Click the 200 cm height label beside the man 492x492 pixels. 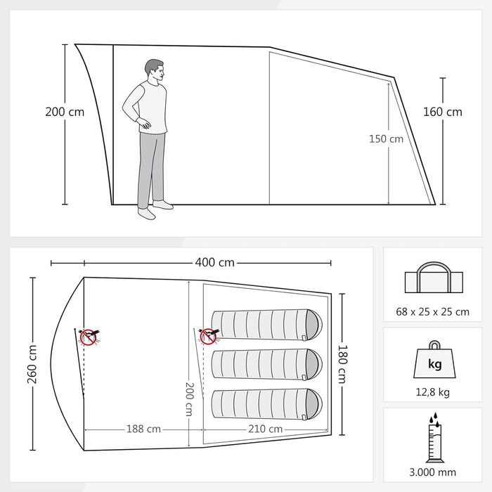65,112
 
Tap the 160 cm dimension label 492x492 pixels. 442,112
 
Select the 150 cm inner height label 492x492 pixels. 386,139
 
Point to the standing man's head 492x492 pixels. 155,70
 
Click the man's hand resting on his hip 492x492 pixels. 145,124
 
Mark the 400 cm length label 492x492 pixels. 214,262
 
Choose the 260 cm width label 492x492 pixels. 32,364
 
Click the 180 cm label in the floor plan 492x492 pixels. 342,364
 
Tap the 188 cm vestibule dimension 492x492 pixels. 143,429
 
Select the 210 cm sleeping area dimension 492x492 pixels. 266,429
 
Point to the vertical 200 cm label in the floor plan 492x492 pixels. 189,399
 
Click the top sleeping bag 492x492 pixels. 266,325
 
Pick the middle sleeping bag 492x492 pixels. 266,364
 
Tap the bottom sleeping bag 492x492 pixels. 266,404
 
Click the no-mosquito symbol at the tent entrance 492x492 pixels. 89,337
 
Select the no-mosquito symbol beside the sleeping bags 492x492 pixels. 208,337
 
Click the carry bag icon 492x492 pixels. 434,278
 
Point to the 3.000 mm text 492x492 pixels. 433,472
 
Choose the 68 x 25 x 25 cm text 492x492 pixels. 433,312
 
